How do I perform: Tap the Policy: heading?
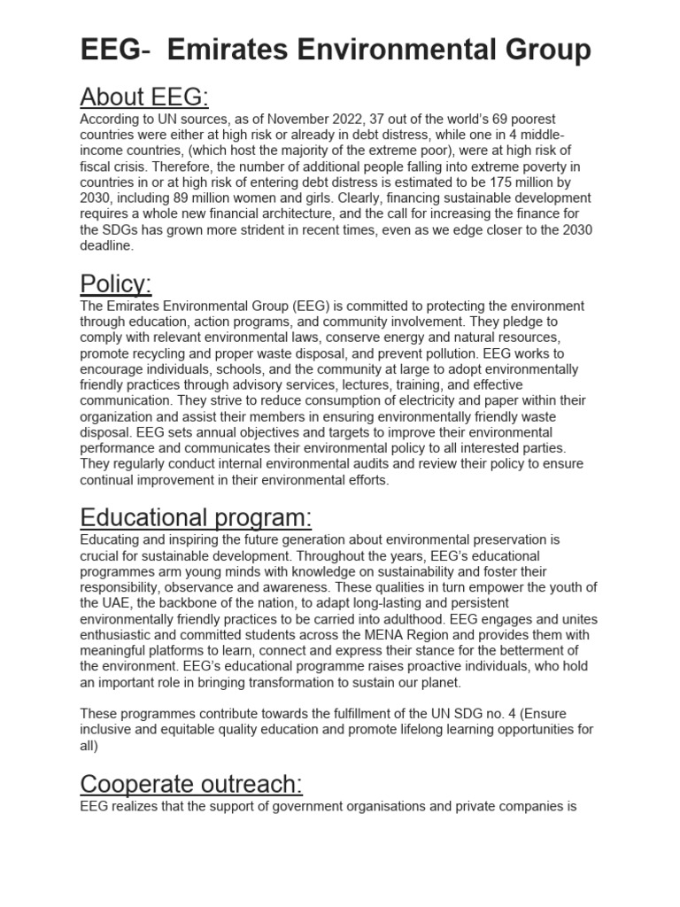(116, 283)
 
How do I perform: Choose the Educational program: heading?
(196, 516)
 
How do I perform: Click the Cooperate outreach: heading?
(191, 784)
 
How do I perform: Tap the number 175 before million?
(508, 182)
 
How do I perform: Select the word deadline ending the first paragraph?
(106, 246)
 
